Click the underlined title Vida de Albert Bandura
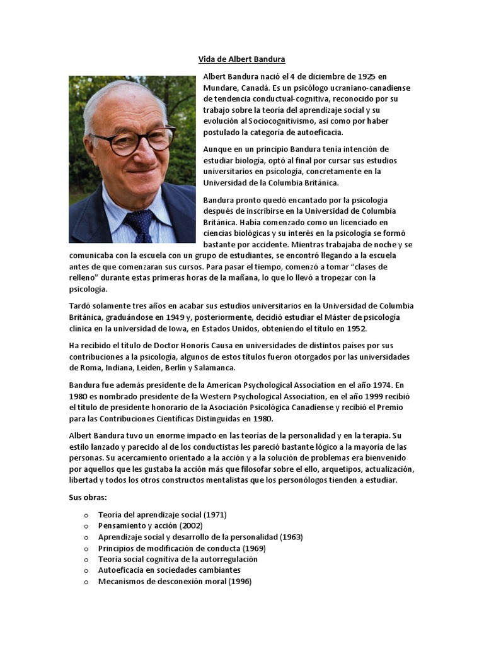(x=242, y=59)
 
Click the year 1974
(x=366, y=385)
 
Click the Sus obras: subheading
(x=88, y=498)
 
